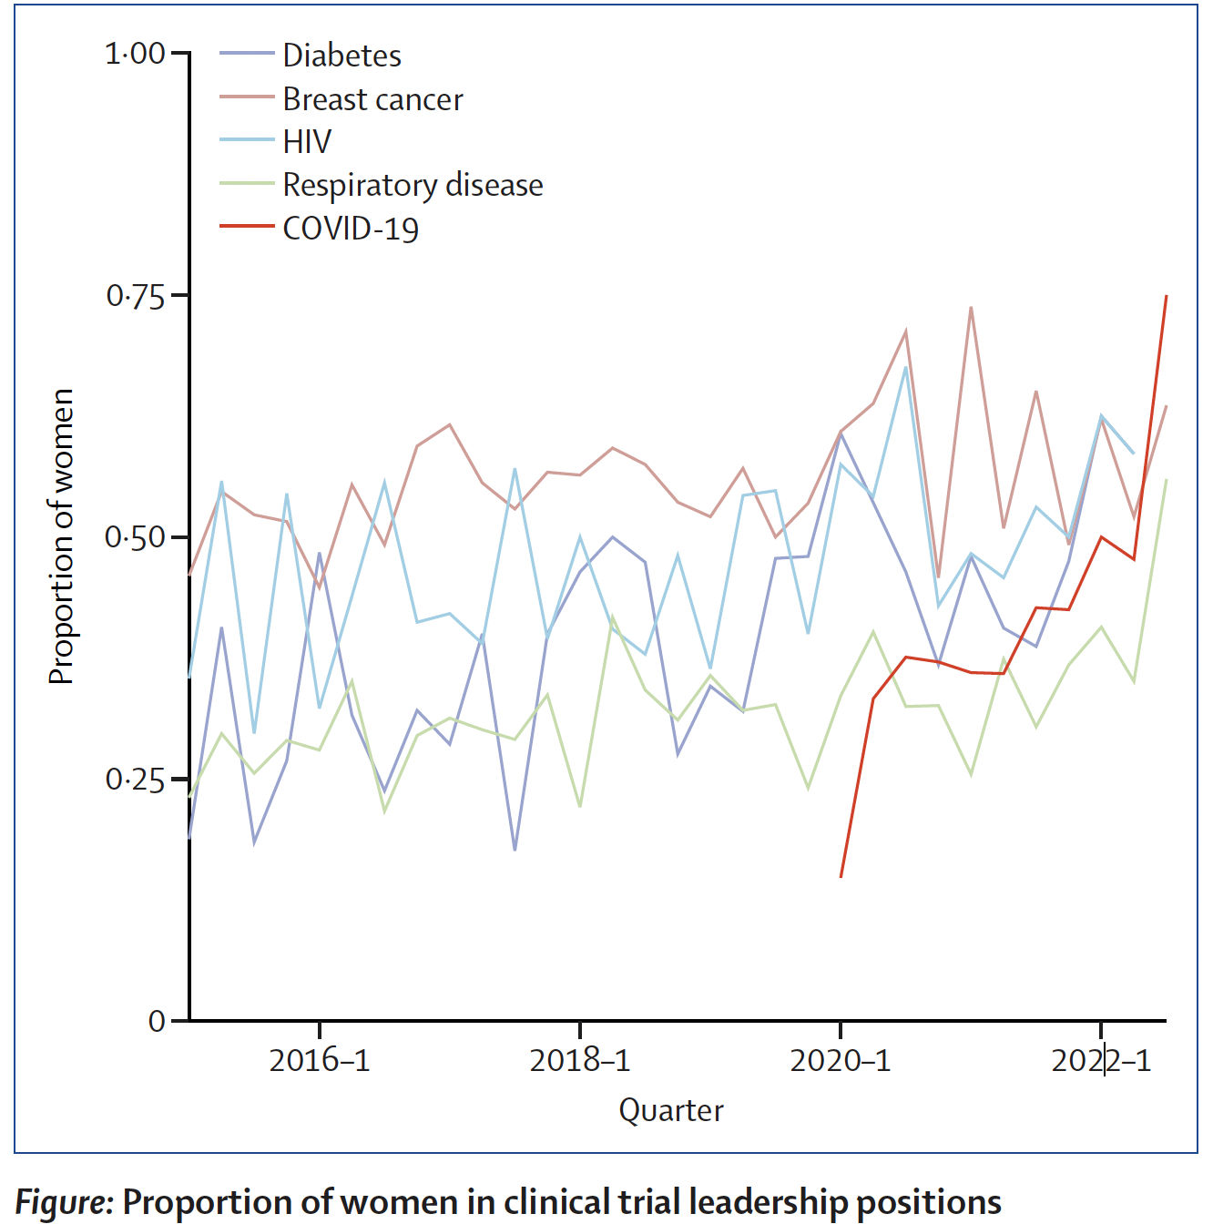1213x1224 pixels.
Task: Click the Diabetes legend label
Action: (341, 56)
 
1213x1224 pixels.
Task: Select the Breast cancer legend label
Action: (372, 99)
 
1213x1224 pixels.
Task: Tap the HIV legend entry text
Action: (307, 142)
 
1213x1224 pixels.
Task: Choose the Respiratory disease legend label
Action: (413, 185)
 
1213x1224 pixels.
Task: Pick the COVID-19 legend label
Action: (351, 228)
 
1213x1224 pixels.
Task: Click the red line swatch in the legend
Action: (246, 226)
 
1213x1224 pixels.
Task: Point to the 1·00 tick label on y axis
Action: (135, 54)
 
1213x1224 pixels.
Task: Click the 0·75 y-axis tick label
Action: (135, 296)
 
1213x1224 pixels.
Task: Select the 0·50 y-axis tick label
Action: (135, 537)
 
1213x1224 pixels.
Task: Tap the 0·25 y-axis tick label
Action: (135, 780)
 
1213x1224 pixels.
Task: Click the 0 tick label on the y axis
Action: (157, 1021)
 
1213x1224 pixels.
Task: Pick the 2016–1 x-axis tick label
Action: (320, 1061)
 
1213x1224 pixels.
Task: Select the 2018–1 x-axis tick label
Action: (580, 1061)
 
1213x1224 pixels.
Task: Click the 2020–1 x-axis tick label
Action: (841, 1061)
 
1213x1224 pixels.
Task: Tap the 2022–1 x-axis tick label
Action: (1101, 1061)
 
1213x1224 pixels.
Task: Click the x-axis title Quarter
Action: (671, 1110)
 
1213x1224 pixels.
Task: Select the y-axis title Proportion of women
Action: (61, 537)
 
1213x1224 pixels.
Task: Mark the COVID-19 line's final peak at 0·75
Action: (1166, 297)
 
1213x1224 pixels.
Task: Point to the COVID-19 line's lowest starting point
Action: (841, 876)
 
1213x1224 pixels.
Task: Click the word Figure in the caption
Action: (63, 1202)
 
